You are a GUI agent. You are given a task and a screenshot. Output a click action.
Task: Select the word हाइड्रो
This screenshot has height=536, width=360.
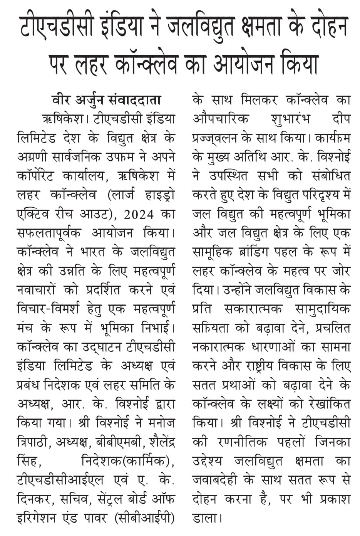pyautogui.click(x=157, y=195)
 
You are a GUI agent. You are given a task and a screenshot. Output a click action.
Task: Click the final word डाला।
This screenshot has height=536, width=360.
pyautogui.click(x=207, y=518)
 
